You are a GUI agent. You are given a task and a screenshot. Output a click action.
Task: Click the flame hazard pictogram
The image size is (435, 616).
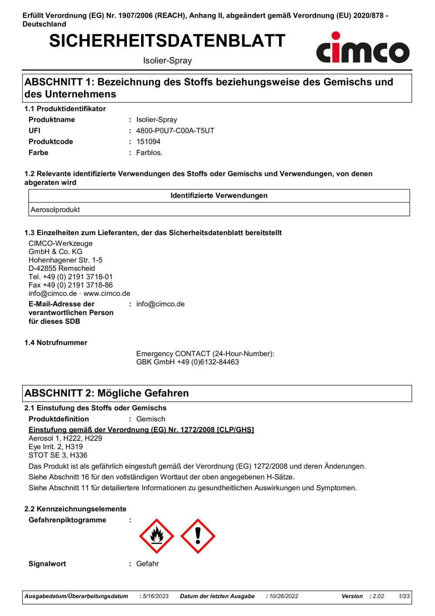point(157,536)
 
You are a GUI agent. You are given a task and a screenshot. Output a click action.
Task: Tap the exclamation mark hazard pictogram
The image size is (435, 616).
point(198,536)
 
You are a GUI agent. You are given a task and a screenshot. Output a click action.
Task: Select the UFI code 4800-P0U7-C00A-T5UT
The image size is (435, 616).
point(175,131)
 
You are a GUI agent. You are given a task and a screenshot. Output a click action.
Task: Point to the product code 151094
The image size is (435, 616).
point(148,141)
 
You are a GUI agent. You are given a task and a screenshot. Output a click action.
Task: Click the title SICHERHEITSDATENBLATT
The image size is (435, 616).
point(167,41)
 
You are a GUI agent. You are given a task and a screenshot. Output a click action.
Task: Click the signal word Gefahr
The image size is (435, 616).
point(147,564)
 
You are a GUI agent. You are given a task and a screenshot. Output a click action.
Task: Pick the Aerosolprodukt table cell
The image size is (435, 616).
point(55,210)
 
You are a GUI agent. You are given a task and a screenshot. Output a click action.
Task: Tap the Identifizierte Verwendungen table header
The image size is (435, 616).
point(219,196)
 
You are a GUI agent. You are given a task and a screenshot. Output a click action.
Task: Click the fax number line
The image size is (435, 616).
point(70,285)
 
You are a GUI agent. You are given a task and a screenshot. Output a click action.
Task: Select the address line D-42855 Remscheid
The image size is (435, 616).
point(62,269)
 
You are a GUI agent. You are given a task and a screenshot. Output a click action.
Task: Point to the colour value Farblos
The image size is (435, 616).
point(149,153)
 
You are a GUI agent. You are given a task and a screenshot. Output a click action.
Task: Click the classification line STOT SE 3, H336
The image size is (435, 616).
point(58,455)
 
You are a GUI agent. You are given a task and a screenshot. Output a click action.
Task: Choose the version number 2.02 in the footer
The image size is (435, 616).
point(378,596)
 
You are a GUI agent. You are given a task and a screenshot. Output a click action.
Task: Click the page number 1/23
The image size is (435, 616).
point(404,596)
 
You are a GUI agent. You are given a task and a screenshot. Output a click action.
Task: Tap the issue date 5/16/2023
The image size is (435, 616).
point(156,596)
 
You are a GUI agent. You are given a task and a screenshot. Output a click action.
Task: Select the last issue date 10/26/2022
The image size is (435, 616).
point(284,596)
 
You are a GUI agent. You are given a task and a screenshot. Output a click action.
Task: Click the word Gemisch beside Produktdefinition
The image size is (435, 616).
point(151,419)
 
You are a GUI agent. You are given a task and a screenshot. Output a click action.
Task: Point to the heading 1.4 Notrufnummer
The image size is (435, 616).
point(56,343)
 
